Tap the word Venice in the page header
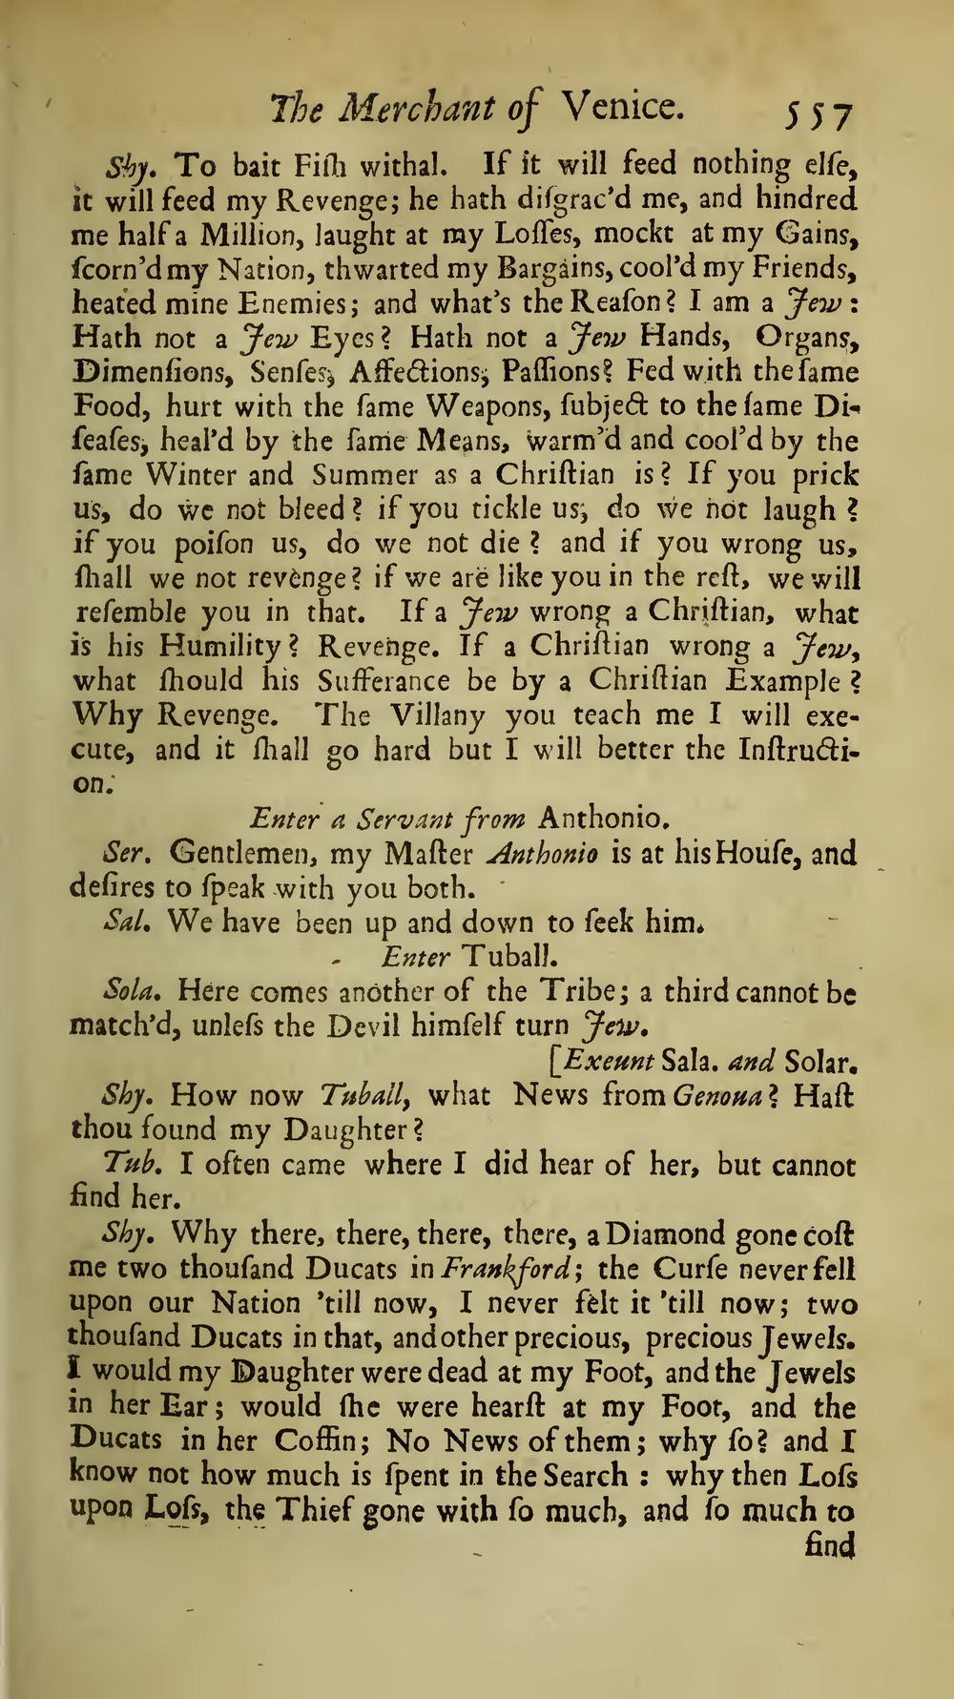tap(621, 106)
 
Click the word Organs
tap(800, 338)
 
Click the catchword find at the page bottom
tap(829, 1544)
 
